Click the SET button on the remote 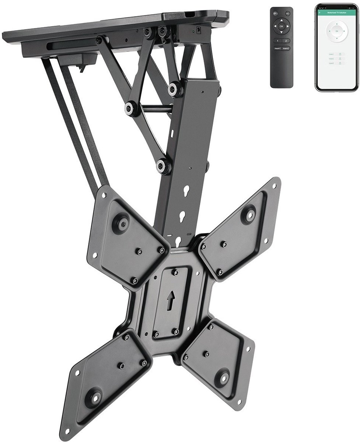coord(288,13)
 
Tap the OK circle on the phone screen coord(336,31)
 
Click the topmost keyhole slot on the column coord(183,193)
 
